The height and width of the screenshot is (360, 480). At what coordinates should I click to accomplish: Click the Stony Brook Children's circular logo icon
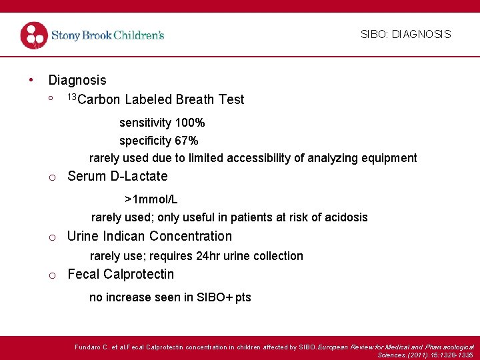(34, 35)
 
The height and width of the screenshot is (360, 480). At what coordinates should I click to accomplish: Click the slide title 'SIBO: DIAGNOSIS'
(405, 34)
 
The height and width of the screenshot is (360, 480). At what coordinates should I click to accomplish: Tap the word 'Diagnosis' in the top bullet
(77, 80)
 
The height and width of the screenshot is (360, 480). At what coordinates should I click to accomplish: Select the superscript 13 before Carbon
(72, 97)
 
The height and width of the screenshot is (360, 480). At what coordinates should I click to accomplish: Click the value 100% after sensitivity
(190, 123)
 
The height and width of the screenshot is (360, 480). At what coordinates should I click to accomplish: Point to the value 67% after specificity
(186, 141)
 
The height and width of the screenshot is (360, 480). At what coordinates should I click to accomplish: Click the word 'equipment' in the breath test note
(389, 158)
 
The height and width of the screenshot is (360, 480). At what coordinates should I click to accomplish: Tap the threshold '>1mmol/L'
(151, 199)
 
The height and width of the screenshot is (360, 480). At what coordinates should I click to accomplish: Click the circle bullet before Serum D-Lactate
(51, 177)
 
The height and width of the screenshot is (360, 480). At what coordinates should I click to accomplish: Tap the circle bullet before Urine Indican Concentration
(51, 237)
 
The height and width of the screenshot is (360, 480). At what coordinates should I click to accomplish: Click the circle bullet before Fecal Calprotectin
(51, 275)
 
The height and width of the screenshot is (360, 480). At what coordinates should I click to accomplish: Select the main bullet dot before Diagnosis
(31, 80)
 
